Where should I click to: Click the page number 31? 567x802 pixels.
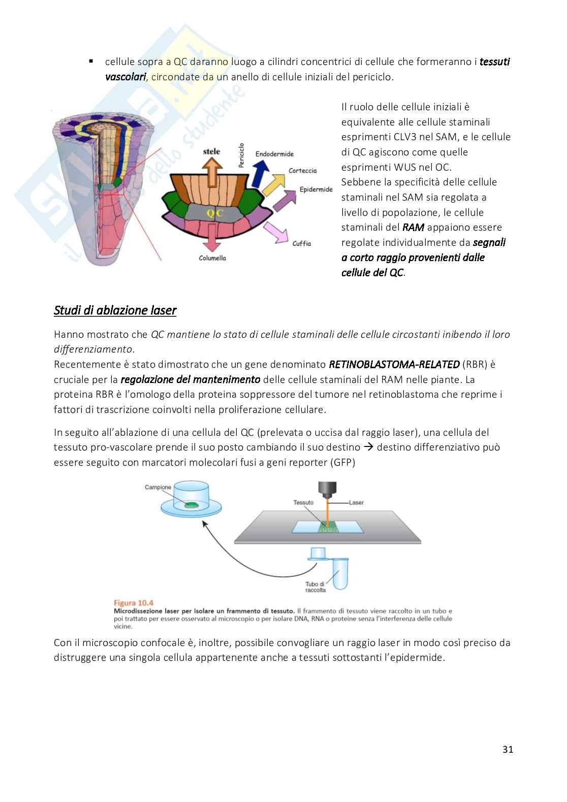coord(508,749)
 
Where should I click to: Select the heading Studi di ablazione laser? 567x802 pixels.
coord(115,310)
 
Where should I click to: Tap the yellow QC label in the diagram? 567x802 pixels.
coord(215,213)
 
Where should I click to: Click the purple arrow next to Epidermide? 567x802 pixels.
coord(285,200)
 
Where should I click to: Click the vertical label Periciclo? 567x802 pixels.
coord(242,155)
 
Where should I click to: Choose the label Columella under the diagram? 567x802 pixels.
coord(212,258)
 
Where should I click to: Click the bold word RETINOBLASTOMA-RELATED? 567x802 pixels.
coord(394,364)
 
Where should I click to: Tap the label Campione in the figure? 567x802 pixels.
coord(158,487)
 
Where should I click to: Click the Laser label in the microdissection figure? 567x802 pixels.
coord(356,502)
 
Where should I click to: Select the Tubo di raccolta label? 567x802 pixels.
coord(316,587)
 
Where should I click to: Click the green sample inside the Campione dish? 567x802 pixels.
coord(191,505)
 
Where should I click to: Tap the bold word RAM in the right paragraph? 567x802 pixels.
coord(413,227)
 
